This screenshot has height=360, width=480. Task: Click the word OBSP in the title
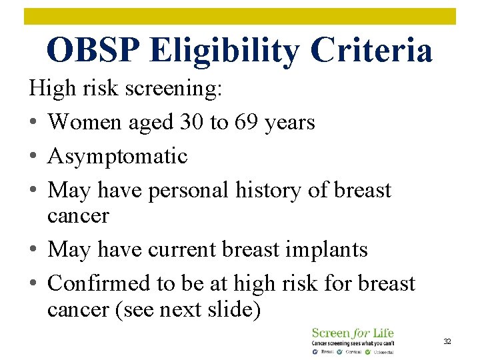pos(93,50)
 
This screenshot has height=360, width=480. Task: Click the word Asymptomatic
pos(118,157)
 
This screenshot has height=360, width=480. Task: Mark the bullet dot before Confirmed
pos(33,284)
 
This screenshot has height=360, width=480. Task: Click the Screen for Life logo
pos(353,339)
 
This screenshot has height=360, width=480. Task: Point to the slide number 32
pos(447,341)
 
